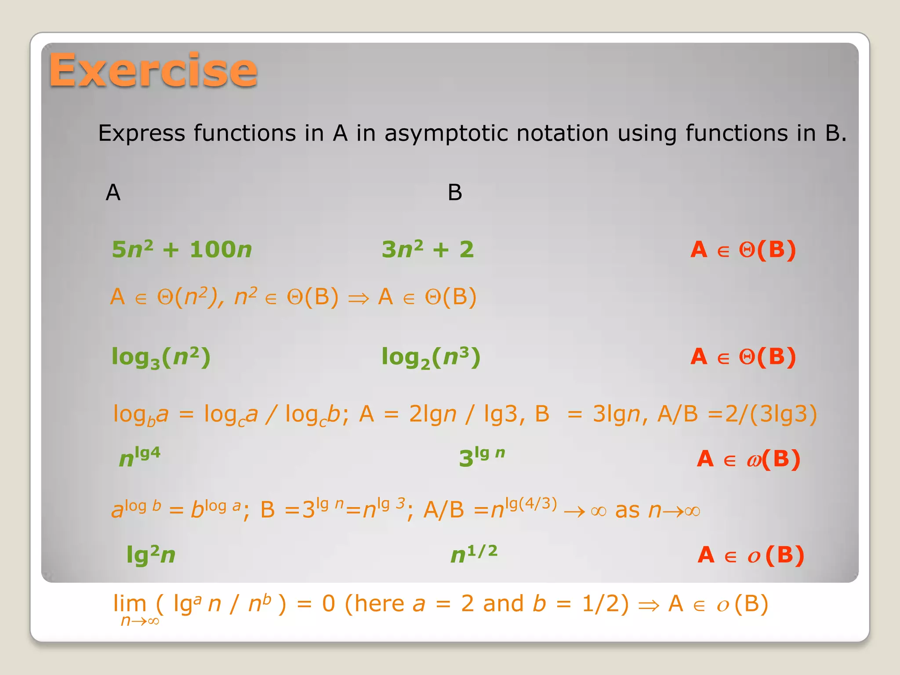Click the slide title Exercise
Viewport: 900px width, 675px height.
tap(153, 70)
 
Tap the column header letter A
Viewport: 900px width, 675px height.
tap(113, 192)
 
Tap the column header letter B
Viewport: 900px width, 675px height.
tap(455, 192)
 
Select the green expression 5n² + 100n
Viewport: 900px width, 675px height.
tap(181, 250)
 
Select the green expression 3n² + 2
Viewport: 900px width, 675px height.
tap(428, 250)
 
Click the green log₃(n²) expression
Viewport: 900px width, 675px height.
tap(161, 357)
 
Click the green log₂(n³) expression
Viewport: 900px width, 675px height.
tap(431, 357)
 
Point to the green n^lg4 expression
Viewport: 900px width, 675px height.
tap(140, 457)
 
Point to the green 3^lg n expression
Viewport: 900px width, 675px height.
tap(482, 457)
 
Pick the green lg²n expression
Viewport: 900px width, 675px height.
tap(151, 555)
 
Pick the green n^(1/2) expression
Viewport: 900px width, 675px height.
tap(474, 554)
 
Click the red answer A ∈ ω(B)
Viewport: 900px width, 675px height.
tap(748, 459)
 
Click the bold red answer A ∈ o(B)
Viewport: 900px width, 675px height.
tap(751, 555)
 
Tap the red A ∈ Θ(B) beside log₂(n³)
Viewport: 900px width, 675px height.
tap(743, 357)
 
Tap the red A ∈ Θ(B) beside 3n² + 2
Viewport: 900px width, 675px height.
tap(743, 250)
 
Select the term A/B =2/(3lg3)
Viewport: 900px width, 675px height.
tap(737, 414)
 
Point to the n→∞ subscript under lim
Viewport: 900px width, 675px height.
tap(140, 621)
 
